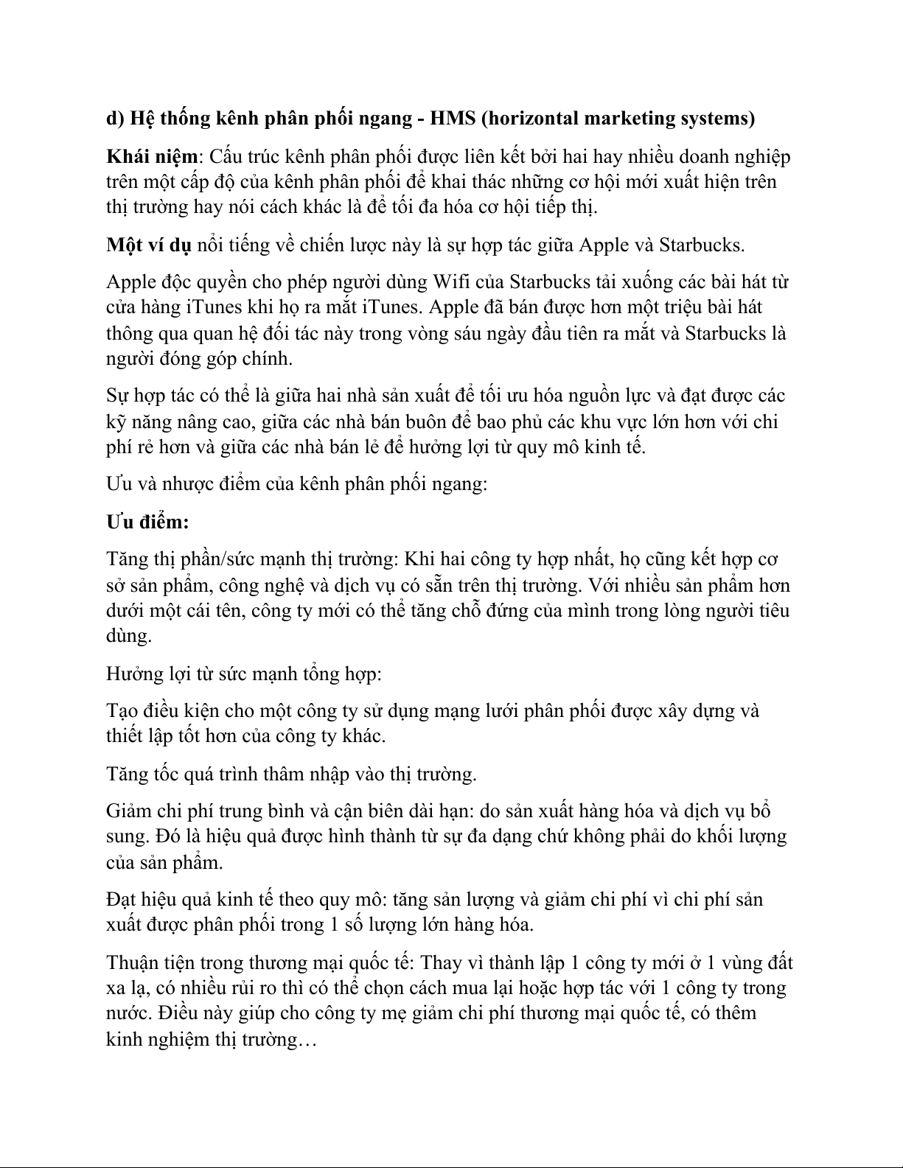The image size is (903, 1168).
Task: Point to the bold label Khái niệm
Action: coord(152,156)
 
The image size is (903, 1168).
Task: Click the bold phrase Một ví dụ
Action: coord(148,245)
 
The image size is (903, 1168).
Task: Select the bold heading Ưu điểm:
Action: coord(147,522)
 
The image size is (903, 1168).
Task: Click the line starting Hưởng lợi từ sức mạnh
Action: coord(244,674)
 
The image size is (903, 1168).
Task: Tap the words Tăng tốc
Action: coord(141,774)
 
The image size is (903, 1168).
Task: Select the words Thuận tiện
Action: coord(150,962)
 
